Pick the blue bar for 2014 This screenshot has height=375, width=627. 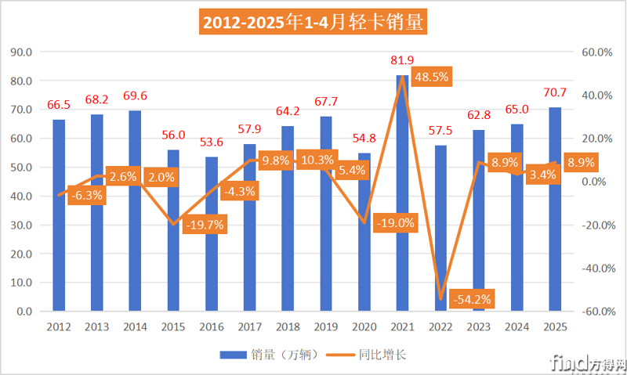(x=135, y=211)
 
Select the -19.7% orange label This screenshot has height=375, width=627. (x=205, y=225)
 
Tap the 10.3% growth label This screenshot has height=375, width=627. (x=317, y=160)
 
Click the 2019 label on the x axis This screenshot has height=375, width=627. (x=326, y=326)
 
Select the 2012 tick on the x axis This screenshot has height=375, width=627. (x=59, y=326)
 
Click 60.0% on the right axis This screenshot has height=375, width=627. (x=594, y=52)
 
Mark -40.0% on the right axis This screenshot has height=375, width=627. (x=593, y=268)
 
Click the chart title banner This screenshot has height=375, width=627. (x=313, y=23)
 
